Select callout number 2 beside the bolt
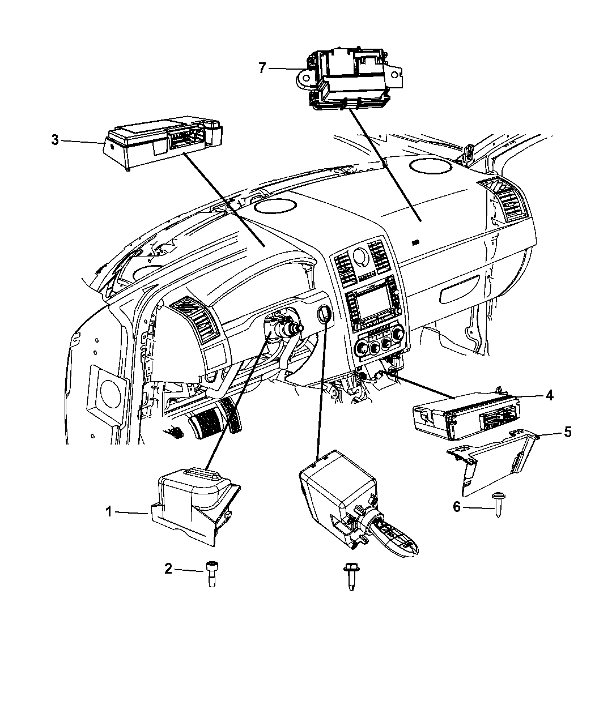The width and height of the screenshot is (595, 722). [168, 569]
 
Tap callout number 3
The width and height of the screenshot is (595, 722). [54, 139]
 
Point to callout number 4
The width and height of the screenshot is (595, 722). [549, 396]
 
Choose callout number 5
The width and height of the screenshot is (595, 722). [567, 433]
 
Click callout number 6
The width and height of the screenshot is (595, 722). [457, 507]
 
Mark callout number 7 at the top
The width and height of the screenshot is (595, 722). [261, 68]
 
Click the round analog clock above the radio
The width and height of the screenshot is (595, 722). [359, 259]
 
